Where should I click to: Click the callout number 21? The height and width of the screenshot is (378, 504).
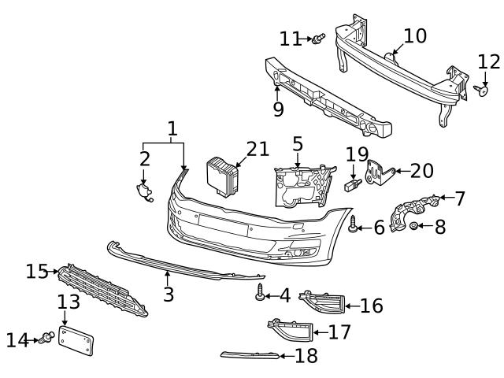click(258, 149)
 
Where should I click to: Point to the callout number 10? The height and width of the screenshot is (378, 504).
click(415, 35)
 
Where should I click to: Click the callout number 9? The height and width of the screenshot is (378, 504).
click(278, 109)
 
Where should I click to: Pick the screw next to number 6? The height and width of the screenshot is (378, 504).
click(354, 225)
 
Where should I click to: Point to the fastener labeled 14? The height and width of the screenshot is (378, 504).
click(46, 339)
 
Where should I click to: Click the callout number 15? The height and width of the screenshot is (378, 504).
click(36, 272)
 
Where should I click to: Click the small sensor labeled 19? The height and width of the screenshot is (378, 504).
click(354, 185)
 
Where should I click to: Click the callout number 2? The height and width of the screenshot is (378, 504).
click(145, 158)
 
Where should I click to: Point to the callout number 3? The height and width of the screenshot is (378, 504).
click(168, 295)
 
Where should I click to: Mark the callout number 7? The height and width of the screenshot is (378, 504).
click(460, 198)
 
